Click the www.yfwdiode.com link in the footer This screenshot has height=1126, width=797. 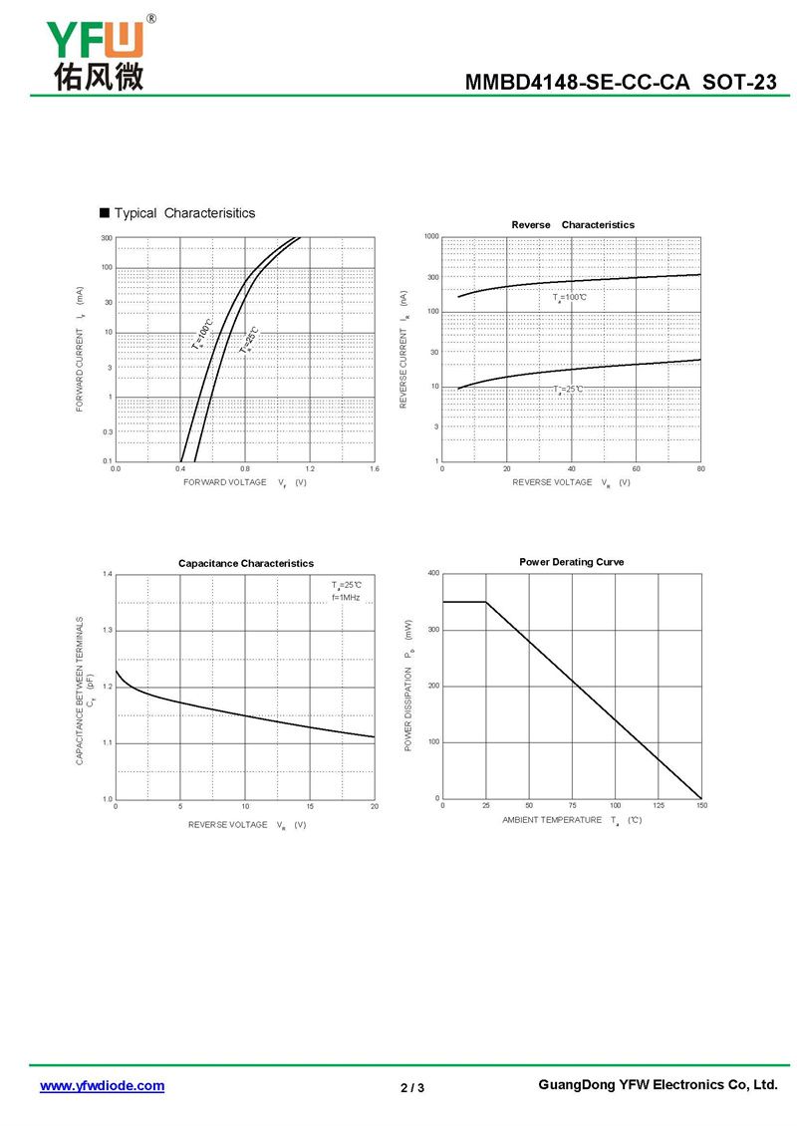click(102, 1086)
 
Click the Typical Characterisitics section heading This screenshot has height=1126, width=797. click(184, 213)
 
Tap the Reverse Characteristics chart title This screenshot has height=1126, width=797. click(572, 224)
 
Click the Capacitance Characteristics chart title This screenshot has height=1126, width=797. click(246, 563)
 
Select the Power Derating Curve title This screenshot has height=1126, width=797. click(572, 562)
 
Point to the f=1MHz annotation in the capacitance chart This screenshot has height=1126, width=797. click(346, 597)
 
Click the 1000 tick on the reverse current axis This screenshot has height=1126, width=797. click(430, 237)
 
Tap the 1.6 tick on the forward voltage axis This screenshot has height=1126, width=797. click(374, 468)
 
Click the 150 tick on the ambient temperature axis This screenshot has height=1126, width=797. click(701, 805)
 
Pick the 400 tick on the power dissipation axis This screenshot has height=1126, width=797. click(433, 573)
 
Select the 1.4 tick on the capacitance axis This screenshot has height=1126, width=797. click(107, 575)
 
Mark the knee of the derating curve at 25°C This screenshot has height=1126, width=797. click(485, 602)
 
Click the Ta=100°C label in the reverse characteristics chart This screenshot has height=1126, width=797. click(570, 298)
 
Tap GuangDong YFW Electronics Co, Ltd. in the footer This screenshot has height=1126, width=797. click(657, 1085)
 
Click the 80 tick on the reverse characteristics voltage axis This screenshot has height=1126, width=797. click(701, 468)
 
